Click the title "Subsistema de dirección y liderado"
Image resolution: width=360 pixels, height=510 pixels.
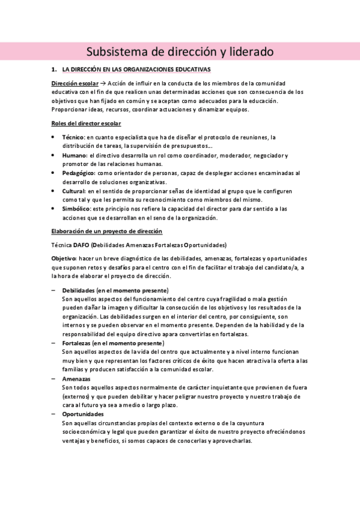tap(180, 52)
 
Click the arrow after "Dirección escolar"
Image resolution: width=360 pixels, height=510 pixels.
tap(103, 82)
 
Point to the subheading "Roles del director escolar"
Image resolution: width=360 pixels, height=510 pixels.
tap(87, 123)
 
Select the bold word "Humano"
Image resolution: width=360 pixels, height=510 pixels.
tap(75, 155)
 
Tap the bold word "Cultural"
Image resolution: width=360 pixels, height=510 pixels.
tap(74, 191)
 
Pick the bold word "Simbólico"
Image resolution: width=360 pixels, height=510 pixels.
tap(76, 209)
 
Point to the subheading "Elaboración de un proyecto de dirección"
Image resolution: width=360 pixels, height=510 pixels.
tap(106, 232)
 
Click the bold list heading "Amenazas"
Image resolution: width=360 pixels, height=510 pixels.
tap(76, 379)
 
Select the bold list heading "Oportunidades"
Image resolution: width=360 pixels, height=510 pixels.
tap(82, 414)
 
